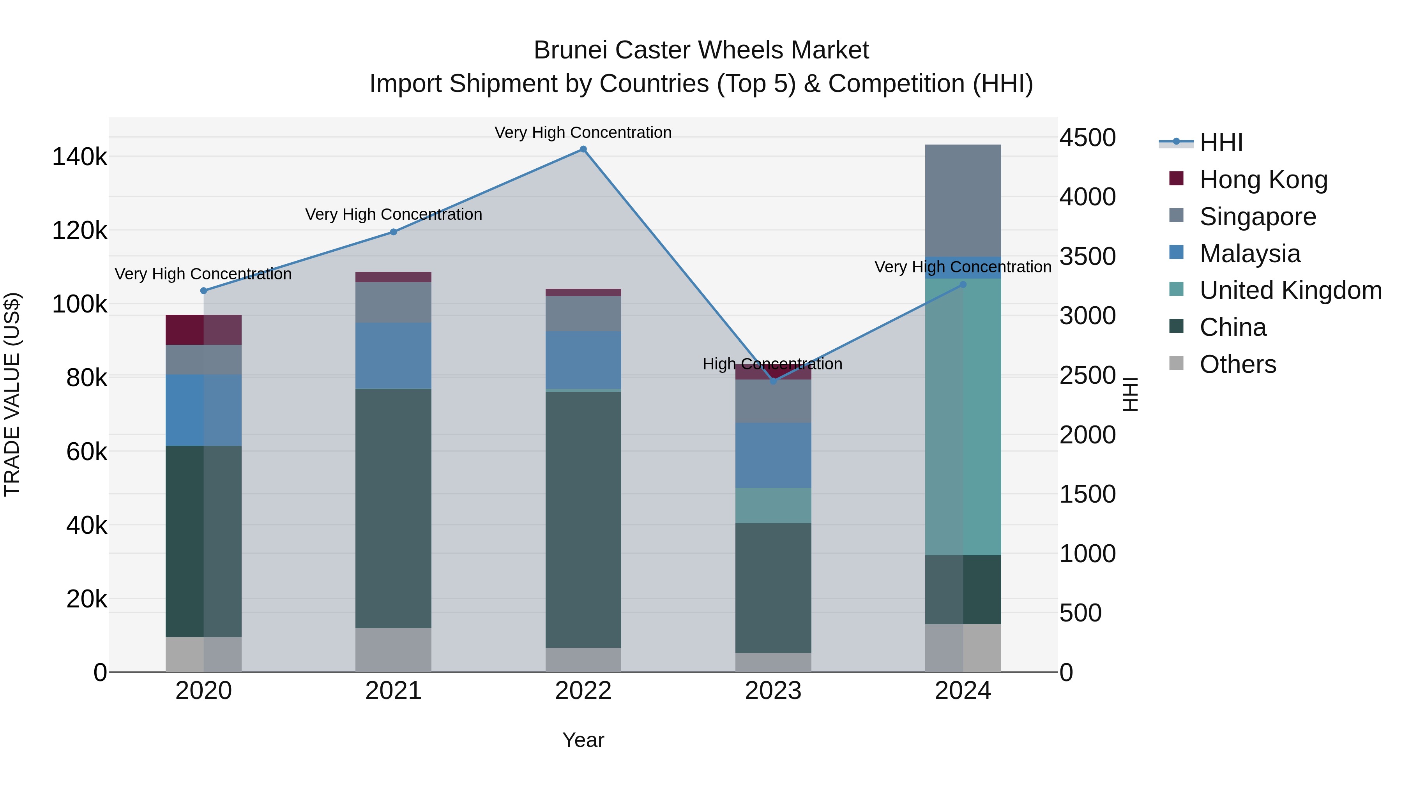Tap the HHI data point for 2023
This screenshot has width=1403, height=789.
click(x=773, y=381)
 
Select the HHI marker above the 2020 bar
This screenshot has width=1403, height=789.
click(x=204, y=291)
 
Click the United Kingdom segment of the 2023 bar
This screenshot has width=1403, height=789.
click(x=773, y=505)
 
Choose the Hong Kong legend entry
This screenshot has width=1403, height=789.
click(x=1263, y=180)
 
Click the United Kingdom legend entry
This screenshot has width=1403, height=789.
click(x=1290, y=290)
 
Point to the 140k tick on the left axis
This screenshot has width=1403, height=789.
click(x=80, y=157)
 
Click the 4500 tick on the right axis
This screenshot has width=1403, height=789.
click(x=1087, y=138)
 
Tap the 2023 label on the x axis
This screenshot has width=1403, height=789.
click(x=773, y=691)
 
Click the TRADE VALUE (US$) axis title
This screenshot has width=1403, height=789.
click(x=12, y=394)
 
